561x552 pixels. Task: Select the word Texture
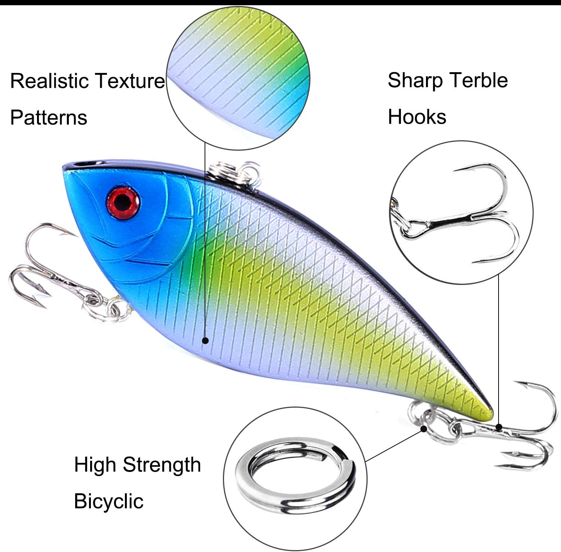pyautogui.click(x=129, y=81)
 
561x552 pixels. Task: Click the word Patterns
pyautogui.click(x=49, y=117)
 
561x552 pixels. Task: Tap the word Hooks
pyautogui.click(x=417, y=117)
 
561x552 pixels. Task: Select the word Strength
pyautogui.click(x=162, y=465)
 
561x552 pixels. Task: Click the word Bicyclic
pyautogui.click(x=108, y=501)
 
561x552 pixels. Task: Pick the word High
pyautogui.click(x=95, y=465)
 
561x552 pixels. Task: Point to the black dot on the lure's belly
pyautogui.click(x=205, y=340)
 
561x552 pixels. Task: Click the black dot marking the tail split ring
pyautogui.click(x=424, y=428)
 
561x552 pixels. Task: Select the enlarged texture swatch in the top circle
pyautogui.click(x=238, y=78)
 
